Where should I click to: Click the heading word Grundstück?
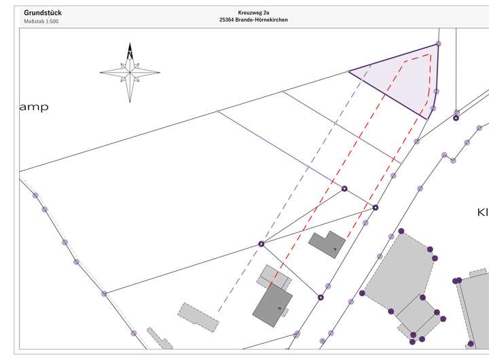[42, 12]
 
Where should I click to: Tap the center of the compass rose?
[130, 71]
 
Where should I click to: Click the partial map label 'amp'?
[33, 107]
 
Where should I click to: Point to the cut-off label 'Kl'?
[482, 213]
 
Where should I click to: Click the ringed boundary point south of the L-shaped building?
[321, 297]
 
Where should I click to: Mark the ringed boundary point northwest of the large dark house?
[261, 243]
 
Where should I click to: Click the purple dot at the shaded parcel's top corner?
[438, 45]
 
